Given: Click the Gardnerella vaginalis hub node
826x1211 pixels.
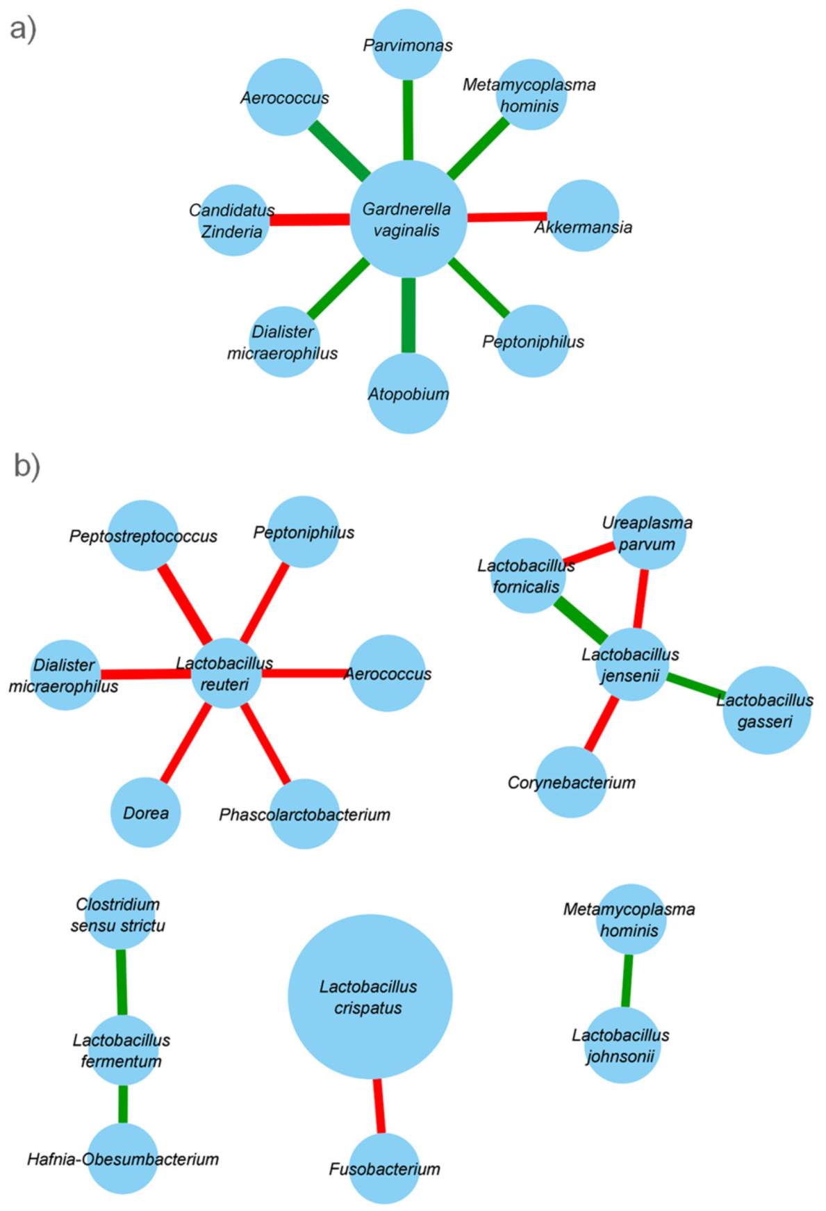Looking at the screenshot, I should point(408,219).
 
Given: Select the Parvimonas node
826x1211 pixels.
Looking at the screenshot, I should point(408,44).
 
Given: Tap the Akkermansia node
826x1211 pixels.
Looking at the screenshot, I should point(583,216).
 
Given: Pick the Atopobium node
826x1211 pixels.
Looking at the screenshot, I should point(408,393).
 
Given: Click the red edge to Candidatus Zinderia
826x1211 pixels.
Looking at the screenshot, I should point(309,220).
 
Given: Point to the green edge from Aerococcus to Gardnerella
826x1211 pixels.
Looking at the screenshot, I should point(339,149).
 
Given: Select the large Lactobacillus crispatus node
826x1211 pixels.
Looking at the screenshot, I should point(370,996).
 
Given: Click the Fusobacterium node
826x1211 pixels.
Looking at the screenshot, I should point(384,1169).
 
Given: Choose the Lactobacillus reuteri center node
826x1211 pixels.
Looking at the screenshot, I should point(226,673).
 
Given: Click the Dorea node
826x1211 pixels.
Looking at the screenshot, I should point(146,812).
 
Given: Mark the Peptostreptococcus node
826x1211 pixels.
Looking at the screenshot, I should point(143,535).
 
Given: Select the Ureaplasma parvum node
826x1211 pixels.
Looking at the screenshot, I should point(649,533).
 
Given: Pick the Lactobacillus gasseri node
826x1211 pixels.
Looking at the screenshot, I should point(766,710).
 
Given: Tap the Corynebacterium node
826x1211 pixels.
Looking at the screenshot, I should point(571,782).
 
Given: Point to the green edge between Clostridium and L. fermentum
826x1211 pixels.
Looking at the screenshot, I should point(121,982).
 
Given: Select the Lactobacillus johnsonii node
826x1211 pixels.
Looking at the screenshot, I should point(620,1045).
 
